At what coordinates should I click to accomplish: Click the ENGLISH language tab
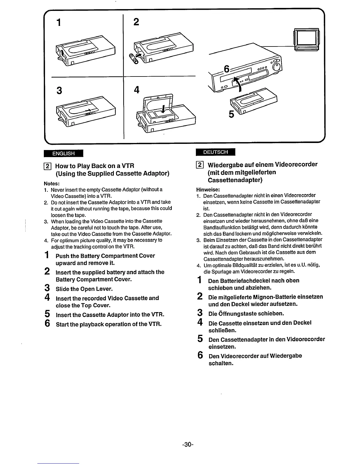(63, 153)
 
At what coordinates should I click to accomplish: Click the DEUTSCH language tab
(215, 152)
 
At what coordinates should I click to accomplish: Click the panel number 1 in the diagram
(59, 22)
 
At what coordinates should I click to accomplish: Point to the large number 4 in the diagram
(136, 89)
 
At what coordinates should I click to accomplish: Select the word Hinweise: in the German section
(208, 189)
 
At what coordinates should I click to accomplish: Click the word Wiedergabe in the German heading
(227, 164)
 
